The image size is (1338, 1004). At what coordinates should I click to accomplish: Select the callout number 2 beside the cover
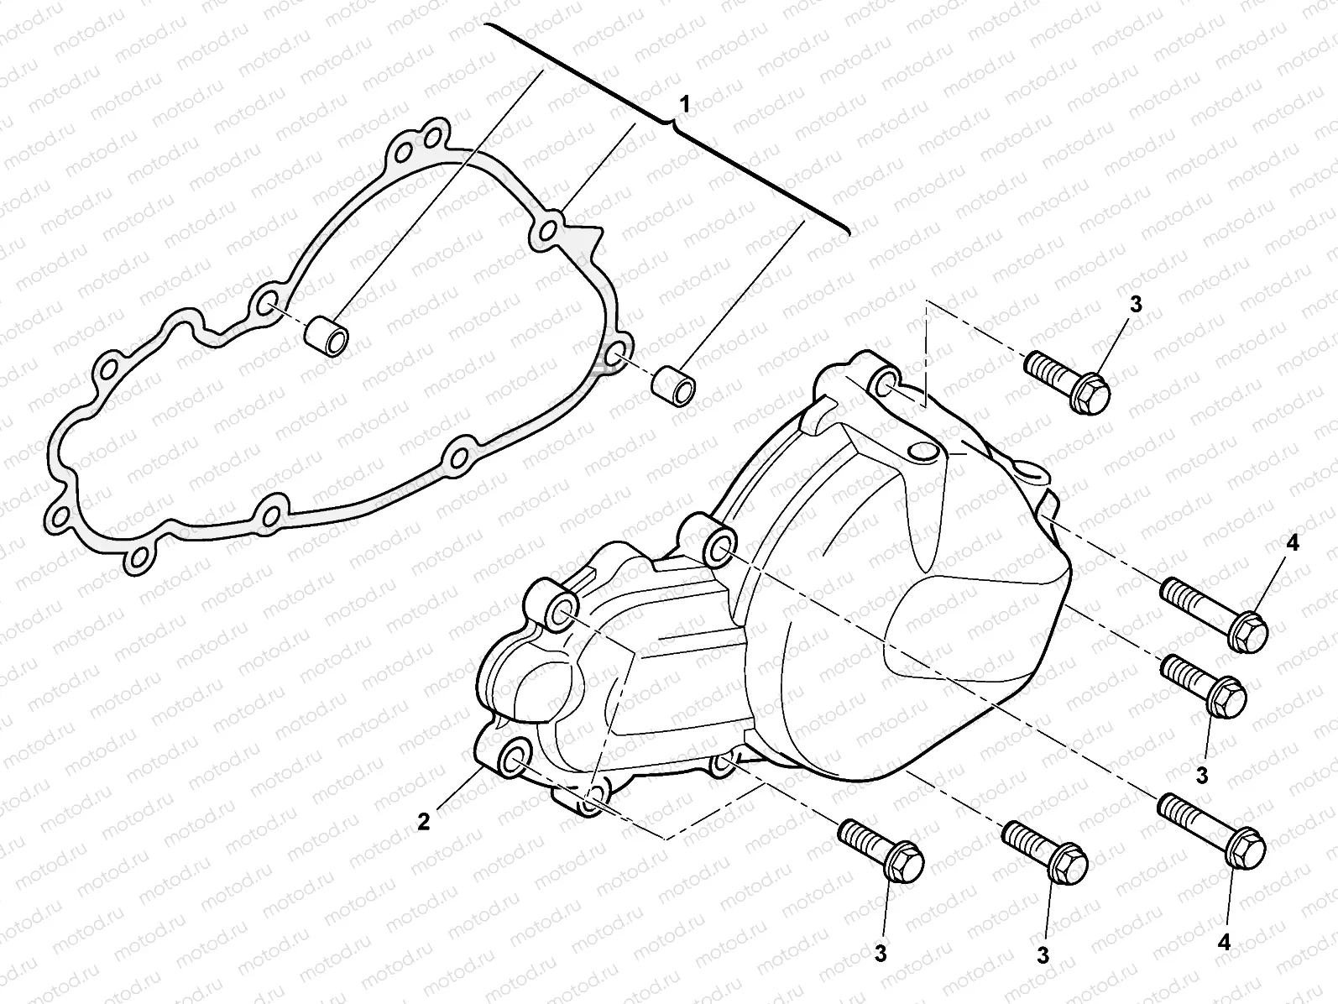424,821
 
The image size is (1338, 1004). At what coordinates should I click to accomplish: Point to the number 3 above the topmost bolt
1135,306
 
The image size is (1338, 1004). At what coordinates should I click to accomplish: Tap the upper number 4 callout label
1292,544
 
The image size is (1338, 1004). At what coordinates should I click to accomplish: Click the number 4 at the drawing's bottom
1224,943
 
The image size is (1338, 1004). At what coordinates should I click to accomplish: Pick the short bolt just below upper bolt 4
1205,685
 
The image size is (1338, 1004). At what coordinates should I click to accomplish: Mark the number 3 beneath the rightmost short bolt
1202,775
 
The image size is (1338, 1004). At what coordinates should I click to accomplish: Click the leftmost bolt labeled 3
882,848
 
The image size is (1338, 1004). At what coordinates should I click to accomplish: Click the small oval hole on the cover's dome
923,452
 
